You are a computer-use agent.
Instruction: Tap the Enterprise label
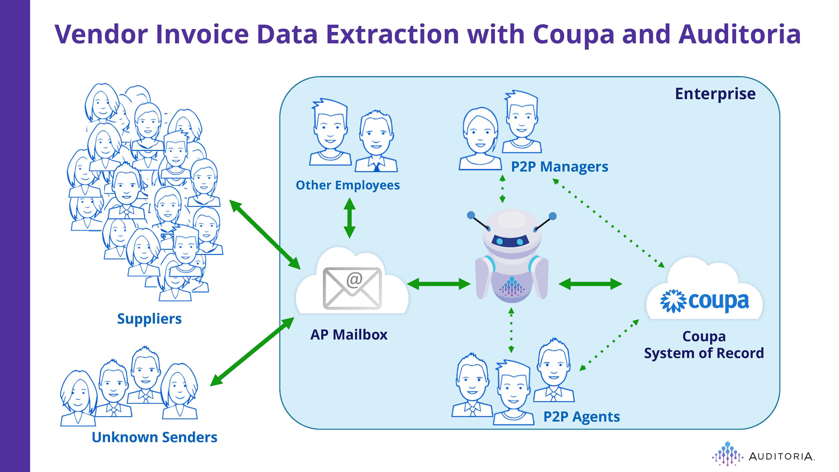(x=715, y=93)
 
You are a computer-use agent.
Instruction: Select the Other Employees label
(x=347, y=185)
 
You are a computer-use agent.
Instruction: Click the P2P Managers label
(x=559, y=167)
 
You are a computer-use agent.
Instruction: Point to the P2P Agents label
(x=582, y=417)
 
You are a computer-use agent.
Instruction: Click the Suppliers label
(x=149, y=319)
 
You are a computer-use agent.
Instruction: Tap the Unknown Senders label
(x=154, y=437)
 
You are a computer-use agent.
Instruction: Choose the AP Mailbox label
(x=349, y=334)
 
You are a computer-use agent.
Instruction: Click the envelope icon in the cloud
(x=352, y=287)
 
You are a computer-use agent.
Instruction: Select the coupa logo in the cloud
(x=705, y=301)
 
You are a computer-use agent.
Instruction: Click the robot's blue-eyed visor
(x=512, y=241)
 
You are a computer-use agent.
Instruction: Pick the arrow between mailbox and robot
(x=439, y=284)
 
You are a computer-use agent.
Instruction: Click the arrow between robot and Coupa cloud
(x=590, y=284)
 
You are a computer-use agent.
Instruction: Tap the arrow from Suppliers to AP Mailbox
(x=266, y=234)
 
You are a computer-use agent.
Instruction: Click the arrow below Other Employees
(x=350, y=218)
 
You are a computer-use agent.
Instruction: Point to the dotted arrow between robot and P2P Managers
(x=502, y=189)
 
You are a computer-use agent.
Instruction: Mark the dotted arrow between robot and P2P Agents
(x=511, y=330)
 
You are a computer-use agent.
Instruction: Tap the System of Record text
(x=704, y=353)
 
